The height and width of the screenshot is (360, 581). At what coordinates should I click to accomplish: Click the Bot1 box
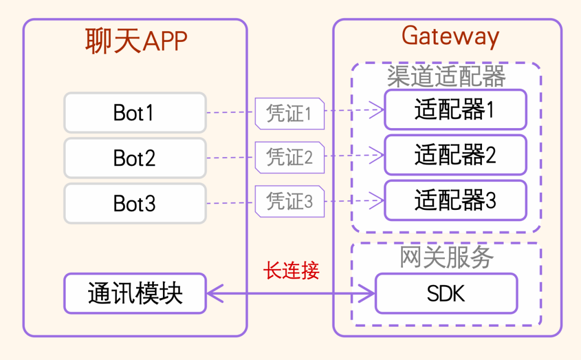click(x=134, y=112)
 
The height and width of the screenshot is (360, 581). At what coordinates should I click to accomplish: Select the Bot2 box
click(x=134, y=158)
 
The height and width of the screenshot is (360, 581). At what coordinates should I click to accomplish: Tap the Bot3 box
click(x=134, y=203)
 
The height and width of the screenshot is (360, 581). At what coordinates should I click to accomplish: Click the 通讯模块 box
click(x=134, y=293)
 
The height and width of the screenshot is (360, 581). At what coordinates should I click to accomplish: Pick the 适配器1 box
click(x=455, y=110)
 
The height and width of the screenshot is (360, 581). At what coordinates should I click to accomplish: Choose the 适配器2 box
click(x=455, y=155)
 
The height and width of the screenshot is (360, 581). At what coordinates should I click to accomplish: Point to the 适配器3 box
click(x=455, y=200)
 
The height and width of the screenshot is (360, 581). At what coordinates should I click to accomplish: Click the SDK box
click(x=446, y=293)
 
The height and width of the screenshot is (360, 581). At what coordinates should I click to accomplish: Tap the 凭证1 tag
click(x=289, y=114)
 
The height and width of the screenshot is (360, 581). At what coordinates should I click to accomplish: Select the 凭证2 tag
click(x=289, y=158)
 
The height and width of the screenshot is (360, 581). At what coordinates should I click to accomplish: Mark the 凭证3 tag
click(x=289, y=202)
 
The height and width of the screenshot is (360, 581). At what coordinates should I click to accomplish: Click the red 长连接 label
click(x=291, y=271)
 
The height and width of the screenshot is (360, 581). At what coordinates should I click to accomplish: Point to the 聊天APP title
click(x=136, y=40)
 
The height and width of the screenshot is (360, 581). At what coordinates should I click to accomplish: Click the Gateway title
click(x=450, y=37)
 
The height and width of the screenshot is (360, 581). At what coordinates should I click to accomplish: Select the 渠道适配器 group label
click(x=447, y=77)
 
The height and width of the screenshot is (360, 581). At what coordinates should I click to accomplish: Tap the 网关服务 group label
click(x=447, y=257)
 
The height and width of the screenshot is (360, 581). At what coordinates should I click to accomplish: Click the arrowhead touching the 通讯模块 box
click(x=214, y=294)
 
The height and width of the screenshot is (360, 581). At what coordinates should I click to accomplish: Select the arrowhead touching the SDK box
click(x=369, y=294)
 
